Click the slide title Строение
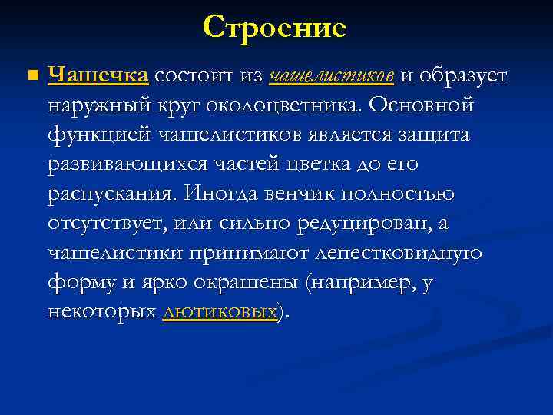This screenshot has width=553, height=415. coord(275,28)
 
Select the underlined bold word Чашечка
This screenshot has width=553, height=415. coord(98,75)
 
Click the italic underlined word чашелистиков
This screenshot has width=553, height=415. coord(333,75)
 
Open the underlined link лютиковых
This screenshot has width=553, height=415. coord(220,311)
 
